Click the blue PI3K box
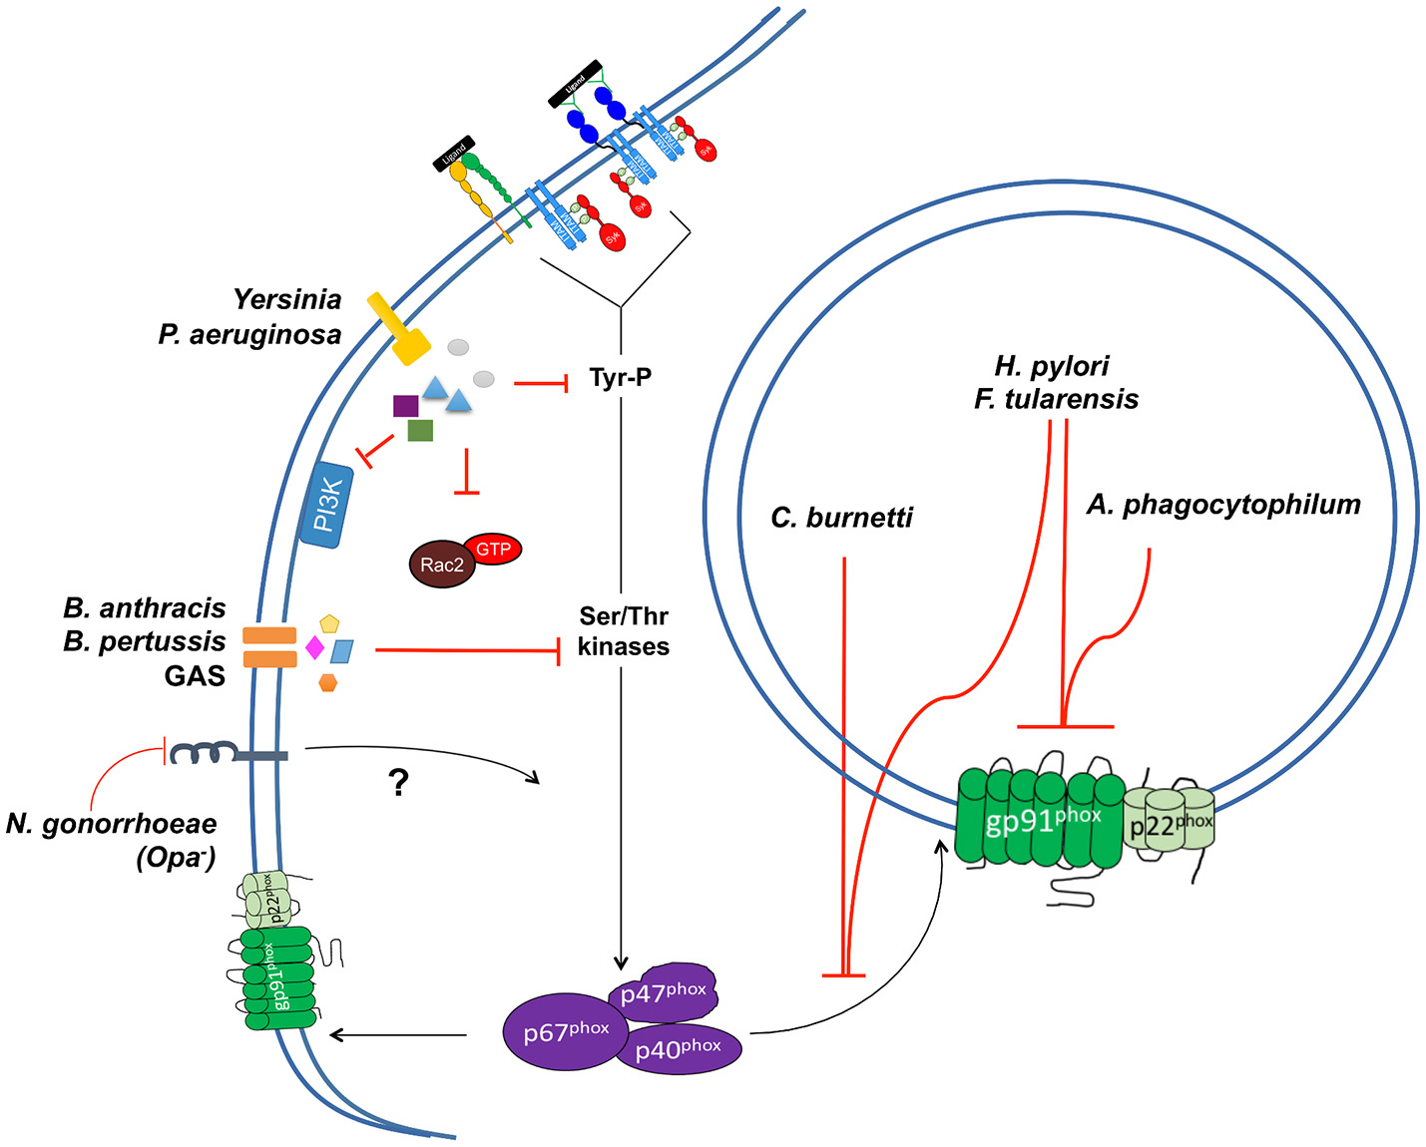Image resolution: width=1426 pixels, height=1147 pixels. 327,506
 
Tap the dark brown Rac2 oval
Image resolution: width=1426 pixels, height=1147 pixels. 441,565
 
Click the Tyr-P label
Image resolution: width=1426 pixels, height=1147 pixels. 620,377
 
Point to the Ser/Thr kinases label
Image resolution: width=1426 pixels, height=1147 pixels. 623,631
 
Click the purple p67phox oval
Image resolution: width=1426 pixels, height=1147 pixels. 565,1031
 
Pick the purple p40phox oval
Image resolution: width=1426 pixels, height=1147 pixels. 679,1048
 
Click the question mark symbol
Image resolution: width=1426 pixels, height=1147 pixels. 398,783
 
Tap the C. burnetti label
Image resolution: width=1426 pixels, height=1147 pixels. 841,518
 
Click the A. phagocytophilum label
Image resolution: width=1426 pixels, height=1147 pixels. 1223,505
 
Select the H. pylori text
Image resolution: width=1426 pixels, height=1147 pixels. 1052,365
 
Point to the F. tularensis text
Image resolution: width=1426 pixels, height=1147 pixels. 1056,399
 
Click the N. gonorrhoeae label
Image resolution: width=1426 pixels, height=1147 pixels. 112,824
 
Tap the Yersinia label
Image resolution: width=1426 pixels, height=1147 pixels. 286,299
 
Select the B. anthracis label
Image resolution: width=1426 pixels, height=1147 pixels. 145,607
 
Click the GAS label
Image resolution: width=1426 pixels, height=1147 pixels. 195,676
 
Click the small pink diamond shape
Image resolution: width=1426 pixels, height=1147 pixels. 314,648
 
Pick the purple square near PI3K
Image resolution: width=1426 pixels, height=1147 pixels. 405,405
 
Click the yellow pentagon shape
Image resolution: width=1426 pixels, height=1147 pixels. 329,624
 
